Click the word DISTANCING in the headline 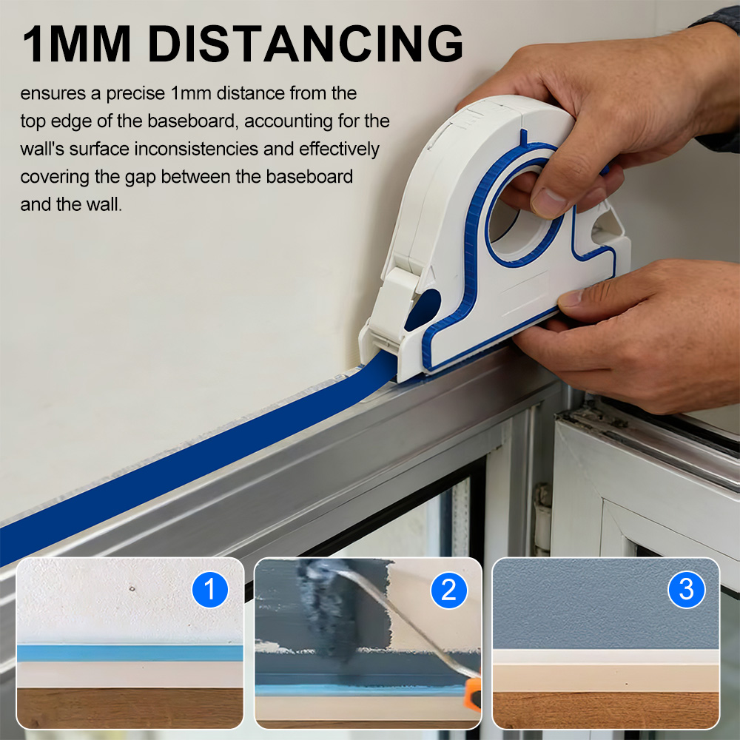(306, 44)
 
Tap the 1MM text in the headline (76, 44)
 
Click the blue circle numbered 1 (210, 590)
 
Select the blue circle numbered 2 (449, 591)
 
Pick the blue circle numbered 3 (687, 590)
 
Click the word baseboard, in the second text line (191, 121)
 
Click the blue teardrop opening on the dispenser (423, 309)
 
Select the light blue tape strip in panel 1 (129, 653)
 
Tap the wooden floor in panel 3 (605, 710)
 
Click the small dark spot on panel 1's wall (132, 588)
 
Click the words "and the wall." (71, 205)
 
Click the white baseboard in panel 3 (605, 670)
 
